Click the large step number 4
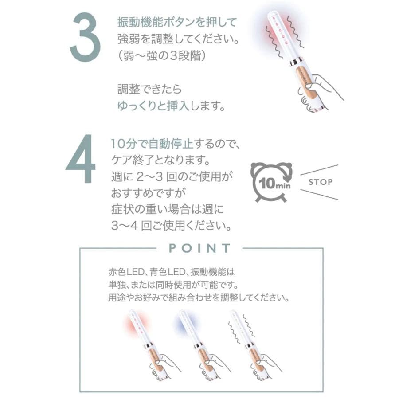[x=81, y=159]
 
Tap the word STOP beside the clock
[x=320, y=182]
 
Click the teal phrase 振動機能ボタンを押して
[x=177, y=21]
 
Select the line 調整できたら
[x=149, y=89]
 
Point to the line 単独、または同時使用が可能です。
[x=173, y=284]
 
